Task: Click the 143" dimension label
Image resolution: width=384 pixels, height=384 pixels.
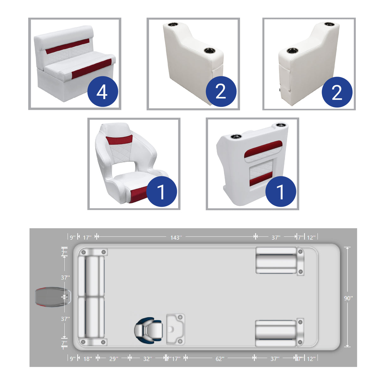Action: pyautogui.click(x=176, y=237)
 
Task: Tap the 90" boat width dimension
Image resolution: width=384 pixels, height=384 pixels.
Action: pyautogui.click(x=348, y=298)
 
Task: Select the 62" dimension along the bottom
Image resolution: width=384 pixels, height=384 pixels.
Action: pyautogui.click(x=220, y=358)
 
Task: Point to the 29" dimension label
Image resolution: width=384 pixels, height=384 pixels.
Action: pyautogui.click(x=114, y=358)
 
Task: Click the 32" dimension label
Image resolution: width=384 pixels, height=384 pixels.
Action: pyautogui.click(x=147, y=358)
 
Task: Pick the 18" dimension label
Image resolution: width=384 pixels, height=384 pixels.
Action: pyautogui.click(x=88, y=358)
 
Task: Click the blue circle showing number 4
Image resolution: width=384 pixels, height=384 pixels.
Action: pyautogui.click(x=102, y=92)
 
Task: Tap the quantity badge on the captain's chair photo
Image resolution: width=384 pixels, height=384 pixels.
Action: pyautogui.click(x=161, y=192)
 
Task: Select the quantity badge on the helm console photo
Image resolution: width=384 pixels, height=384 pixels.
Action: pyautogui.click(x=281, y=192)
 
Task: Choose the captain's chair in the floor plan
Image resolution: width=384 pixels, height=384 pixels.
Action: pyautogui.click(x=149, y=330)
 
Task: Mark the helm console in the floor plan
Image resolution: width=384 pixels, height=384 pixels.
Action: pyautogui.click(x=175, y=329)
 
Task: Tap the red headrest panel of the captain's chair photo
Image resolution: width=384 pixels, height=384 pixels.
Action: pyautogui.click(x=119, y=139)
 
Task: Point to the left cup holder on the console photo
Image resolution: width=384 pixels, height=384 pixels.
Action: pyautogui.click(x=236, y=137)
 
